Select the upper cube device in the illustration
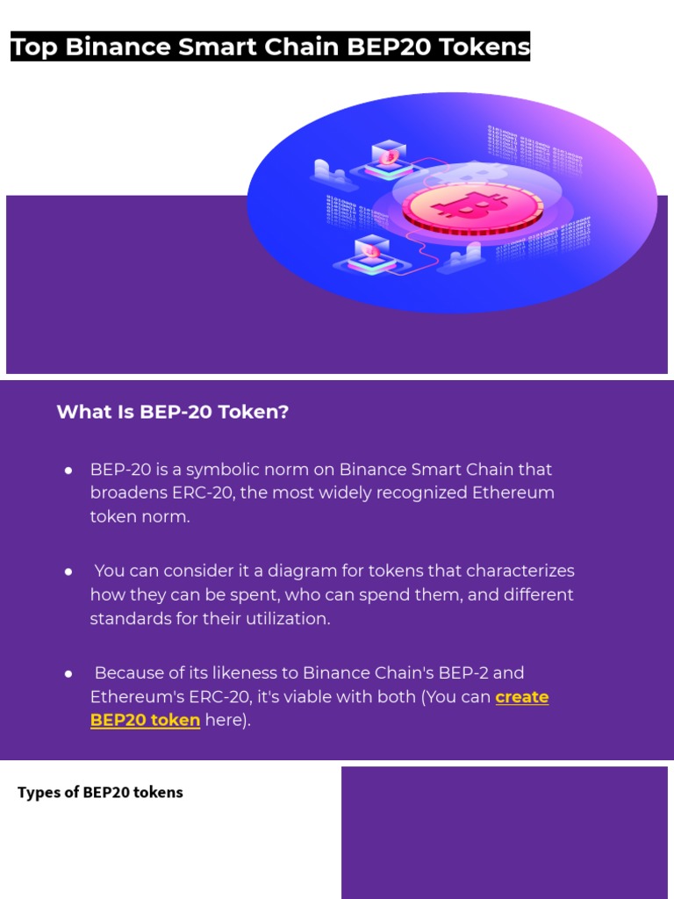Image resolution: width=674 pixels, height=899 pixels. (387, 157)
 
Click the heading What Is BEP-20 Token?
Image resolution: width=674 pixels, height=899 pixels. (173, 412)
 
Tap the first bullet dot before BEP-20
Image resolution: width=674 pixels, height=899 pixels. (68, 471)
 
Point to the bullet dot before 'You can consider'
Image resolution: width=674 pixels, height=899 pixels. (68, 572)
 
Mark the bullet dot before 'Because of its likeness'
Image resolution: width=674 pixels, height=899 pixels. (68, 674)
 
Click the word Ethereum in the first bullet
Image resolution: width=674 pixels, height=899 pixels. (513, 493)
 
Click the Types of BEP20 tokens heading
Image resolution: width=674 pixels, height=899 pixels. (100, 793)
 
